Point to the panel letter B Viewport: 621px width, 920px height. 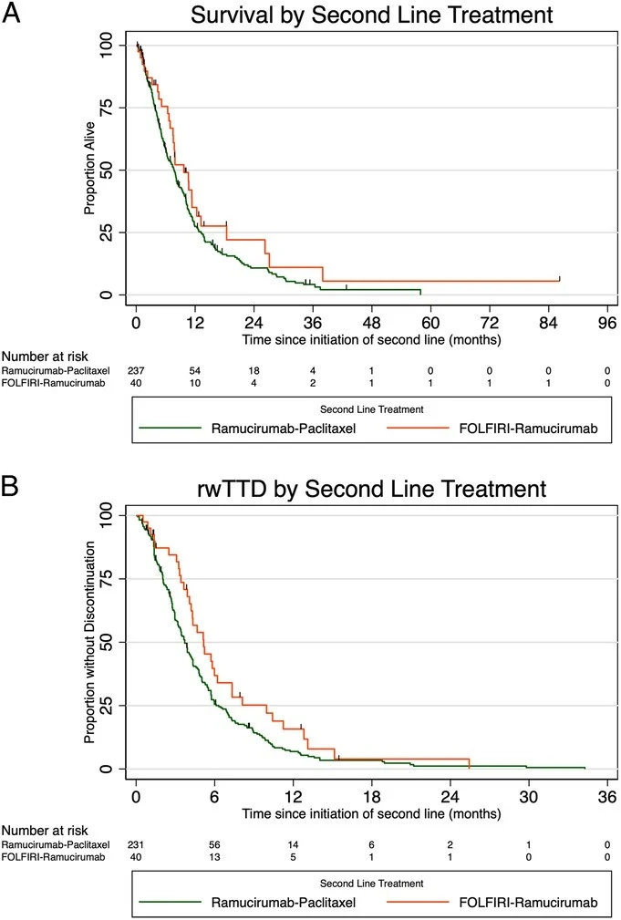point(12,484)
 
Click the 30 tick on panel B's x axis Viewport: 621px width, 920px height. point(528,795)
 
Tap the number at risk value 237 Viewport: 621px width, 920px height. point(137,371)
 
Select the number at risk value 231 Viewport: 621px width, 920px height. point(137,843)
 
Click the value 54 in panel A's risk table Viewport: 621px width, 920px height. point(194,371)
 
